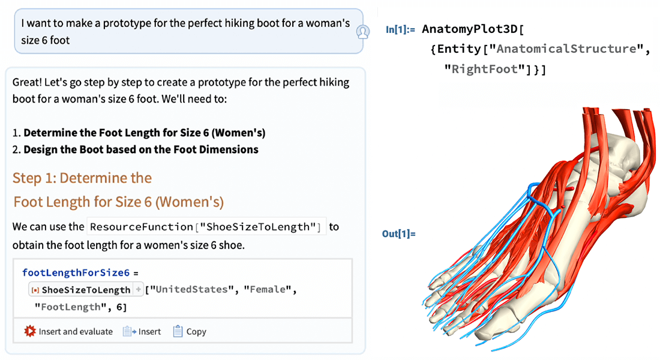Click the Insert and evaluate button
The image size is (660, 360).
tap(68, 331)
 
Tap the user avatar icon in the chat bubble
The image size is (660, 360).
tap(362, 32)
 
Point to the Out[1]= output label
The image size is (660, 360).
tap(399, 233)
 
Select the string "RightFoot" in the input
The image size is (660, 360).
tap(489, 70)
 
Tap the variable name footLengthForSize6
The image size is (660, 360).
tap(76, 272)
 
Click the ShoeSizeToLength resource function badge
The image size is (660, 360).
tap(86, 290)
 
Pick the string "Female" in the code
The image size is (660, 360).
tap(268, 290)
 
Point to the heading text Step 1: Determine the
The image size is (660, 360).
tap(82, 178)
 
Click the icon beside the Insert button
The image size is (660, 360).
tap(129, 331)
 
